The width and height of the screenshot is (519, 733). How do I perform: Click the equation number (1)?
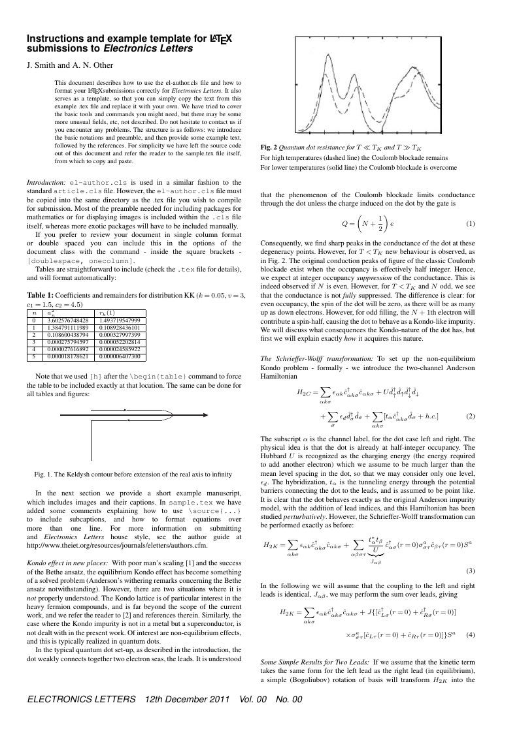coord(469,224)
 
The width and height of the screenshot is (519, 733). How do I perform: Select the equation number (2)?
coord(469,416)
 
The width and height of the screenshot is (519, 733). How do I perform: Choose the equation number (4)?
coord(469,632)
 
